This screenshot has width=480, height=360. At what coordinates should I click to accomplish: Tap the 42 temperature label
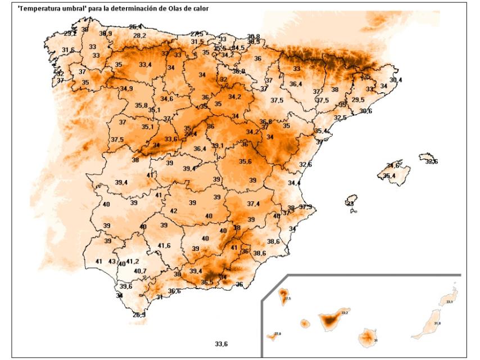pos(174,211)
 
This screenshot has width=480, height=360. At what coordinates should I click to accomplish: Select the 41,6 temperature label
pos(164,246)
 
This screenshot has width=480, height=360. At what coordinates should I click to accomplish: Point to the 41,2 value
pos(132,262)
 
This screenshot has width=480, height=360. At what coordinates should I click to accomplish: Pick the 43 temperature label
pos(112,262)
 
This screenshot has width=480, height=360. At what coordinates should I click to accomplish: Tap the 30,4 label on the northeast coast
pos(396,80)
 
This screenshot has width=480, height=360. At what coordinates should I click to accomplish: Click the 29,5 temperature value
pos(358,100)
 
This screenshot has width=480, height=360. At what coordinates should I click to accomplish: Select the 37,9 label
pos(306,207)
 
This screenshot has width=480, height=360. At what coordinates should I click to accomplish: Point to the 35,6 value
pos(246,161)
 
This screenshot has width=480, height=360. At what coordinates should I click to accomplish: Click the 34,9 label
pos(126,89)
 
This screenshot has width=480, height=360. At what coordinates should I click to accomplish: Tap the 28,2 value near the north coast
pos(139,35)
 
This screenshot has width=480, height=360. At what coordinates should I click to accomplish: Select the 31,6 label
pos(68,50)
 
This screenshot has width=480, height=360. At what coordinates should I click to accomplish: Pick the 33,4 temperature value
pos(145,65)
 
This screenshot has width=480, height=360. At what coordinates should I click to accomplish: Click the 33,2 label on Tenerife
pos(345,312)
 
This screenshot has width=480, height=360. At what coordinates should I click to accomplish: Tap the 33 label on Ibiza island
pos(350,204)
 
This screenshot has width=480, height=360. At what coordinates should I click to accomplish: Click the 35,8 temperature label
pos(142,105)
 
